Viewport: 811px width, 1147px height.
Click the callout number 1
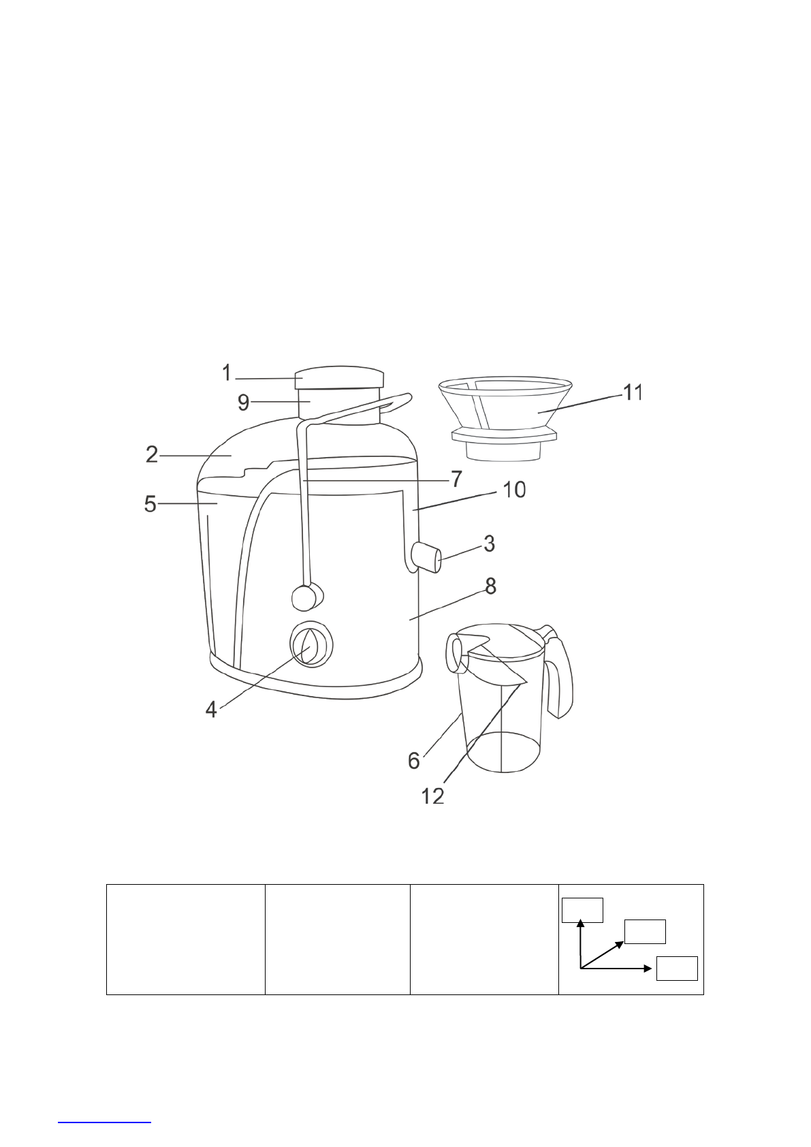tap(227, 373)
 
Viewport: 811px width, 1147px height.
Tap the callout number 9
tap(244, 403)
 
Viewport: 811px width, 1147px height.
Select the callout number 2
tap(152, 455)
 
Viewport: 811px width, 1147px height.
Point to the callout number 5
tap(150, 504)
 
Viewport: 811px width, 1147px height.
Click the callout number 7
tap(456, 480)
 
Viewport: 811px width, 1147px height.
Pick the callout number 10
tap(515, 490)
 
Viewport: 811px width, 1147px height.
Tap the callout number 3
tap(490, 544)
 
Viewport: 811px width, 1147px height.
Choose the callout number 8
tap(490, 586)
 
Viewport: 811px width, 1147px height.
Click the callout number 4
tap(211, 710)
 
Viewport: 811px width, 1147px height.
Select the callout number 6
tap(414, 761)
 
